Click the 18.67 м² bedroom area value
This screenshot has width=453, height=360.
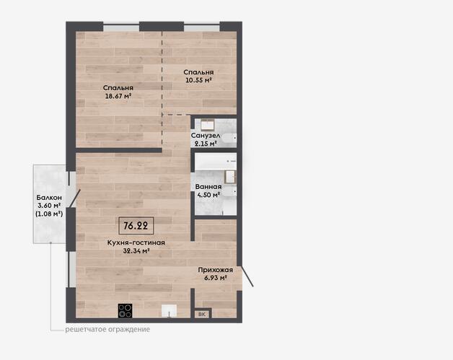click(x=118, y=96)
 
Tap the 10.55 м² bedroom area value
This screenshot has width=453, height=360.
click(x=199, y=80)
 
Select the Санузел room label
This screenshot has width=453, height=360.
click(x=206, y=135)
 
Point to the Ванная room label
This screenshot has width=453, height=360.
click(x=208, y=187)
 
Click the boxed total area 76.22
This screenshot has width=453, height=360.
click(x=136, y=226)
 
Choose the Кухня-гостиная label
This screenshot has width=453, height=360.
click(x=136, y=242)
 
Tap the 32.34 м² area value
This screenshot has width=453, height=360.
click(x=136, y=251)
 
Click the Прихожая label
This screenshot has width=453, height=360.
click(x=215, y=270)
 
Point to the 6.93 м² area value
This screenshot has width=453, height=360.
click(x=215, y=278)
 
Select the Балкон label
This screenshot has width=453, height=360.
click(x=49, y=198)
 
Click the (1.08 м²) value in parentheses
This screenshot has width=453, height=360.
click(x=49, y=214)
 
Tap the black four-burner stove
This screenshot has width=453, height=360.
click(x=125, y=311)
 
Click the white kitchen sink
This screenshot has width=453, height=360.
click(x=169, y=311)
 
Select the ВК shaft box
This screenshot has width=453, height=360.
click(x=202, y=314)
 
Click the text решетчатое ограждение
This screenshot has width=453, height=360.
click(x=107, y=330)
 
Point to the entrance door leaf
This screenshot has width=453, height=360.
click(x=247, y=276)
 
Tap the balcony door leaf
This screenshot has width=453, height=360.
click(x=74, y=198)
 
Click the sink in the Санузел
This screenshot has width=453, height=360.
click(x=208, y=124)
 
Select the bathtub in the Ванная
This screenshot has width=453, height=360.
click(x=216, y=162)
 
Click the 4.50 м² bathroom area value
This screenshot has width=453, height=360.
click(x=208, y=195)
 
